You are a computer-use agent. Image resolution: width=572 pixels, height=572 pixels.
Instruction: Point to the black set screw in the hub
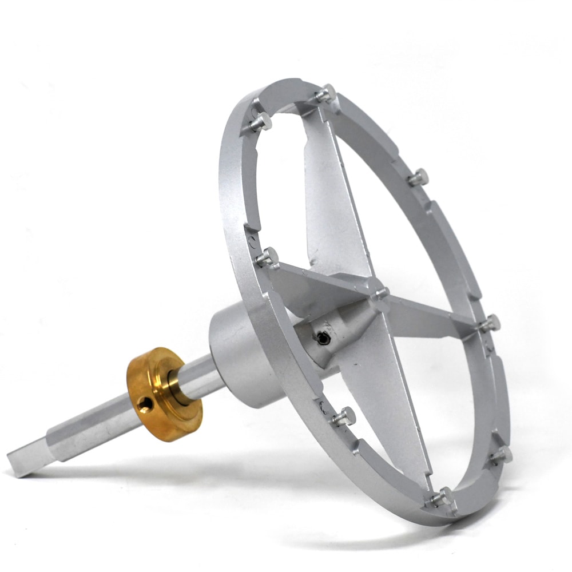click(x=324, y=339)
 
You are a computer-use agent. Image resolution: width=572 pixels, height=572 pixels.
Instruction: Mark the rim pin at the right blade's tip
click(x=489, y=324)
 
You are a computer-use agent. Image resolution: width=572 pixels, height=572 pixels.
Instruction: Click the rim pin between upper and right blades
click(x=419, y=177)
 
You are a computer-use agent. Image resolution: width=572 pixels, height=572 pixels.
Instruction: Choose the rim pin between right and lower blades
click(x=502, y=455)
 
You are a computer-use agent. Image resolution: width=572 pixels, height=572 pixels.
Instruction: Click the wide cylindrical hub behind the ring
click(x=237, y=355)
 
